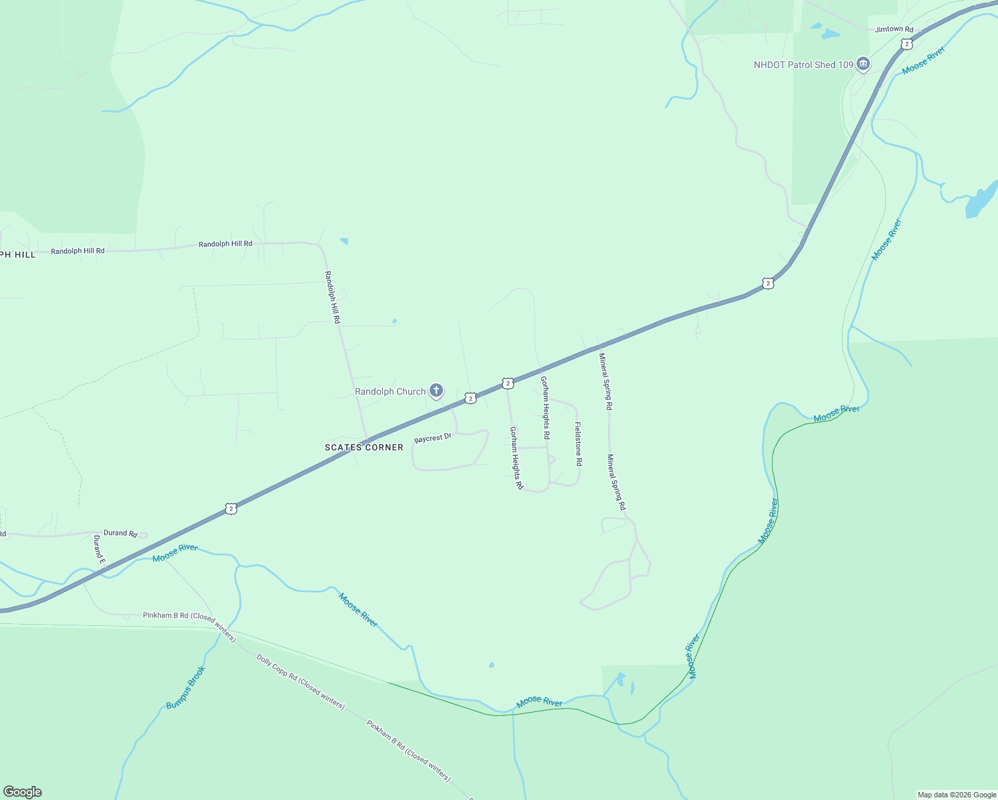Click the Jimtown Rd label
[894, 29]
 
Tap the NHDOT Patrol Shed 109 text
[803, 65]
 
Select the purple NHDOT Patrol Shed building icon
[863, 64]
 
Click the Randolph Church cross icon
[436, 390]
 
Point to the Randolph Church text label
[390, 391]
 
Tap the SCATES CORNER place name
[364, 447]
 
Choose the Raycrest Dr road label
[432, 438]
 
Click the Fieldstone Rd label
[578, 444]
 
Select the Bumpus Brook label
[185, 687]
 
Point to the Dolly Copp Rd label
[300, 681]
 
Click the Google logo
[22, 792]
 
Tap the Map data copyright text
[956, 795]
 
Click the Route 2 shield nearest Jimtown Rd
[905, 44]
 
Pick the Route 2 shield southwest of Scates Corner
[231, 509]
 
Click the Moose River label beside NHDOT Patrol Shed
[923, 60]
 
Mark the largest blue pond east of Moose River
[980, 201]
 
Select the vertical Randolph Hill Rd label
[332, 297]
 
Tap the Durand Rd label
[120, 533]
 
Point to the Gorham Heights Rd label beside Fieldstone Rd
[545, 407]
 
